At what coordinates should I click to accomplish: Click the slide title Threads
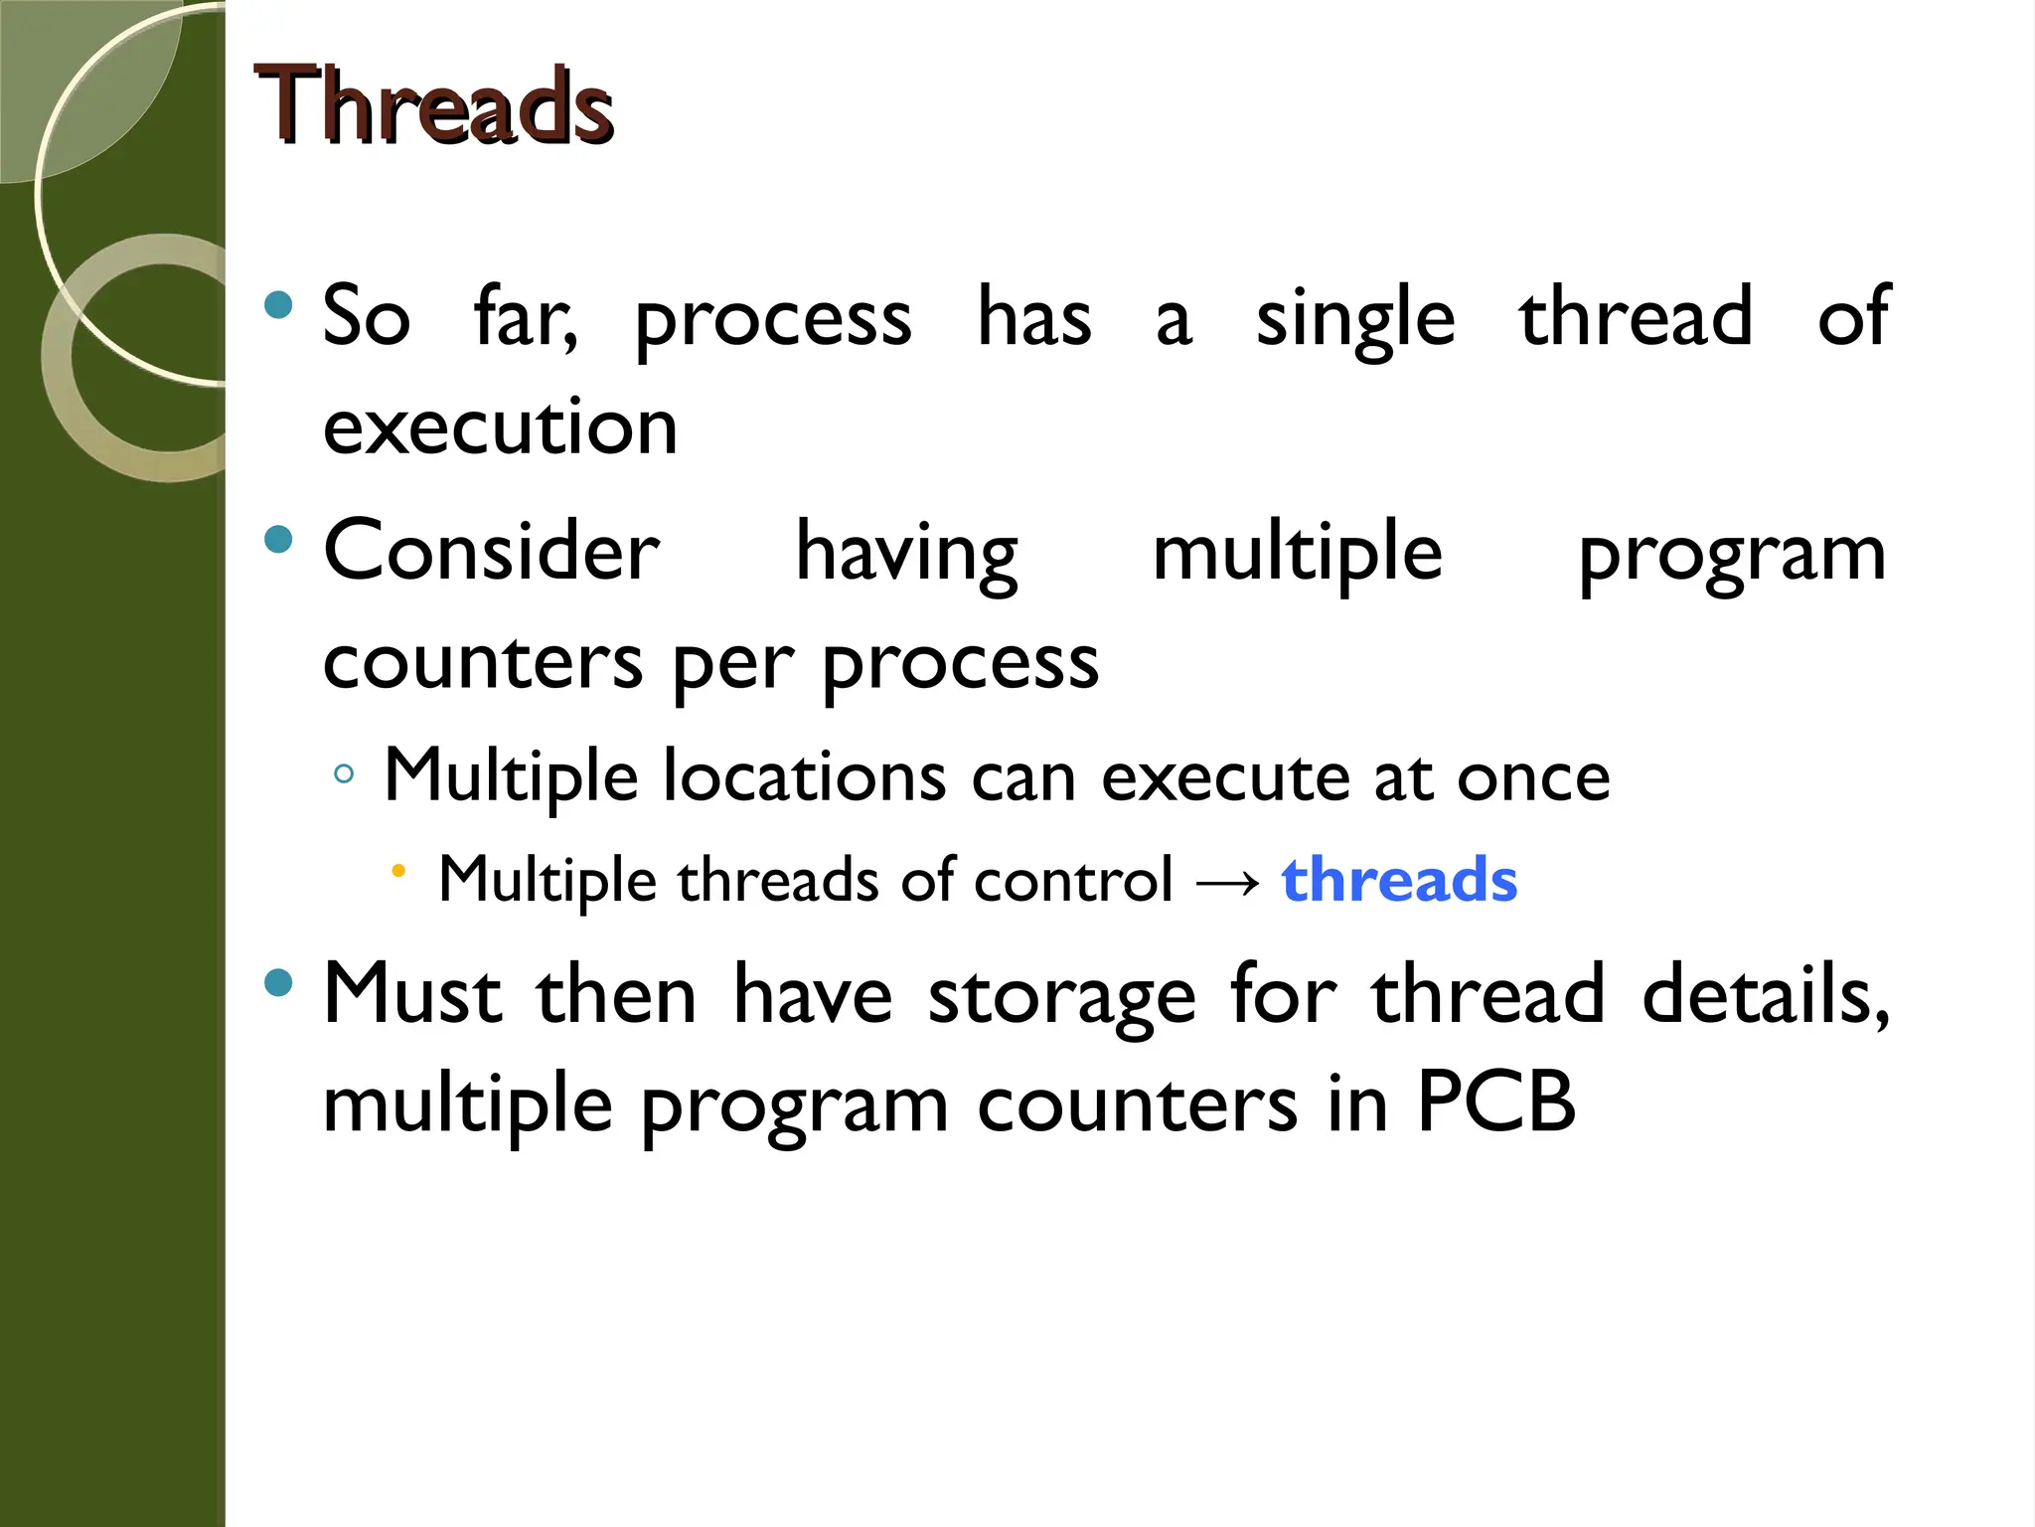[x=433, y=105]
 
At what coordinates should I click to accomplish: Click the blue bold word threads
[x=1399, y=880]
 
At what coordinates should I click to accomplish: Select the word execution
[x=500, y=427]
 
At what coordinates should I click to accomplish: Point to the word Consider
[x=492, y=552]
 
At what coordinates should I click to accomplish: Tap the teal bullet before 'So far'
[x=279, y=304]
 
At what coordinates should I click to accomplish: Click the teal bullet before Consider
[x=279, y=539]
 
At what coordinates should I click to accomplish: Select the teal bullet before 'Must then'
[x=279, y=983]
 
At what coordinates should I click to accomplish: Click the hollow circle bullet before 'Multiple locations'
[x=344, y=774]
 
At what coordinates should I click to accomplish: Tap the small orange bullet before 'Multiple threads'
[x=398, y=872]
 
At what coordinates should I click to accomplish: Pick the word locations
[x=804, y=776]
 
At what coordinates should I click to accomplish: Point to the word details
[x=1765, y=994]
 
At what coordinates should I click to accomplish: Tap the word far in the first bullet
[x=524, y=318]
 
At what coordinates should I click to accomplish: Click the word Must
[x=412, y=994]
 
